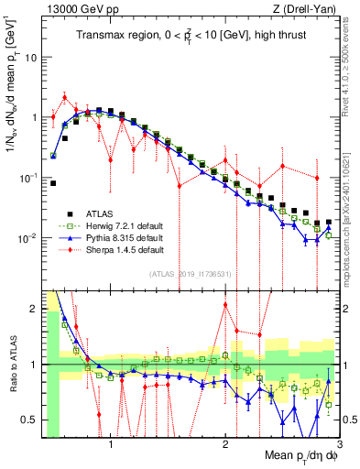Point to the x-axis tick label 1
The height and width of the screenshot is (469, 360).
pyautogui.click(x=110, y=446)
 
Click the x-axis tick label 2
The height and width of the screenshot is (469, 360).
pyautogui.click(x=225, y=446)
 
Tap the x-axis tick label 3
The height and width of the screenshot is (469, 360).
pyautogui.click(x=340, y=446)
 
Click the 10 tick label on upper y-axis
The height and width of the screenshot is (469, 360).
pyautogui.click(x=30, y=57)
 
